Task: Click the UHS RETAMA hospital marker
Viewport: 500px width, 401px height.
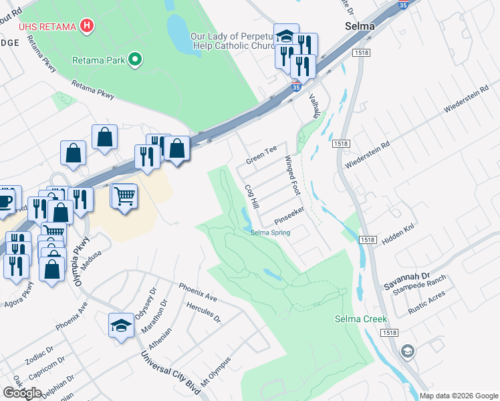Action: pos(86,26)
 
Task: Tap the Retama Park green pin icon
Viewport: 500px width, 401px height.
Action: pos(136,60)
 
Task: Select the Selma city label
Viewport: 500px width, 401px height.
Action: pos(359,27)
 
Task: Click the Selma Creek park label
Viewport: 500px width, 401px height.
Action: pos(361,319)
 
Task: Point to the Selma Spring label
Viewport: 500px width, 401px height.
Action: pos(271,233)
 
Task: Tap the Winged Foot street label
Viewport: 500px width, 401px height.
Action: pos(293,175)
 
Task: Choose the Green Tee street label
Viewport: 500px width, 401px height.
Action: pos(261,156)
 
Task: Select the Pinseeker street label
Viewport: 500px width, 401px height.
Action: pos(290,216)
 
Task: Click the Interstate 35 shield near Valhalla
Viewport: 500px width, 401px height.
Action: pos(296,88)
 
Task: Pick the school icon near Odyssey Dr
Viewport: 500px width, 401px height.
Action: pos(121,325)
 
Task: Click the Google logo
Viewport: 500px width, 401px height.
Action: pos(23,393)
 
